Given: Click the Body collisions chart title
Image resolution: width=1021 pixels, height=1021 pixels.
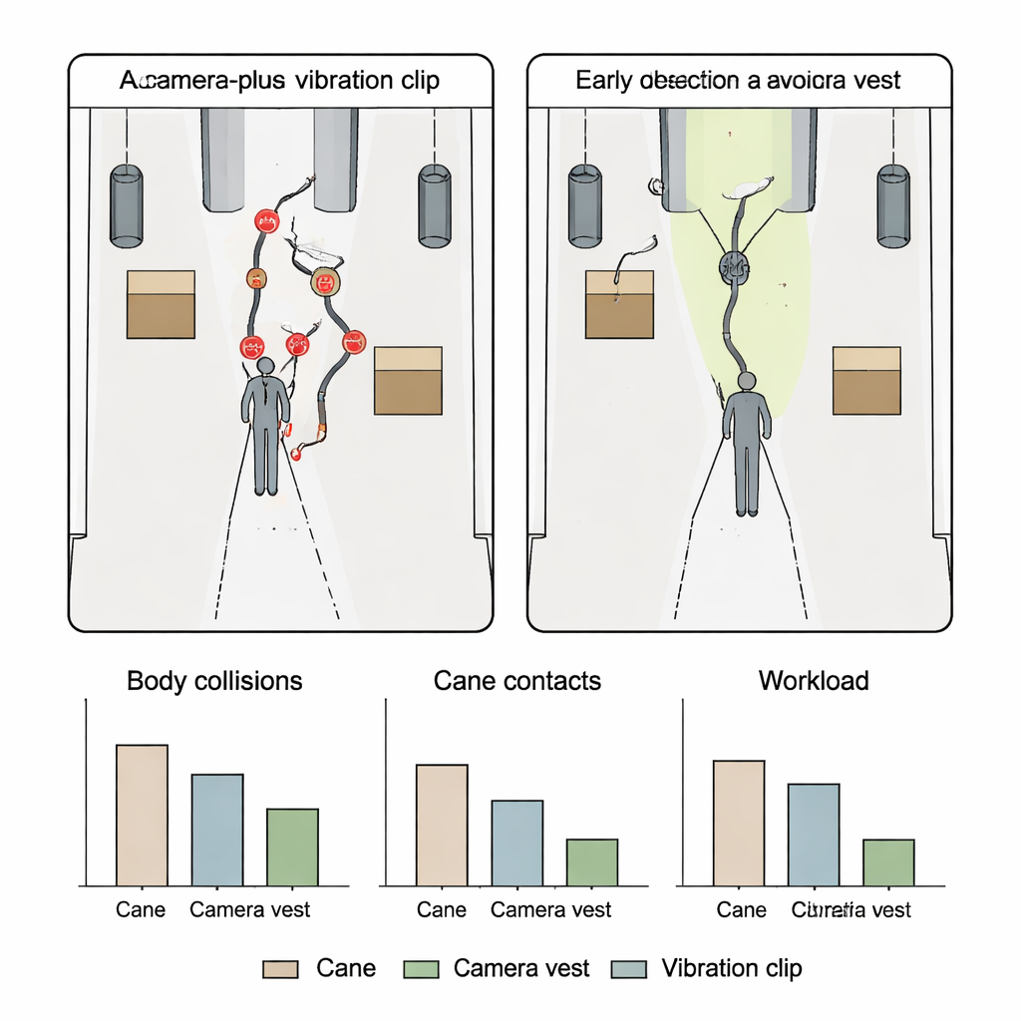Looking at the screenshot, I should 214,681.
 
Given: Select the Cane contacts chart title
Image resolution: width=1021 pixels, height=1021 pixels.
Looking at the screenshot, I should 517,681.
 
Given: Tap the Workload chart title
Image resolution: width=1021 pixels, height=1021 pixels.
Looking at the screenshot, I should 814,681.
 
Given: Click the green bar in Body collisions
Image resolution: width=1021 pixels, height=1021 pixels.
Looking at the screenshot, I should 293,847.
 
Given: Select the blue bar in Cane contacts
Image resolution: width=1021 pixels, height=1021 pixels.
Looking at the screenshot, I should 517,843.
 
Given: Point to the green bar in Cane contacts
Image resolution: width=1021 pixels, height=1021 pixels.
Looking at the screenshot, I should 592,862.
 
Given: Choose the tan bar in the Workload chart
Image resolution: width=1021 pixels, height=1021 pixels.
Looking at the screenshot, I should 739,823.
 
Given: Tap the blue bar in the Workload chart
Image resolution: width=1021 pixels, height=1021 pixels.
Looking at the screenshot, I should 814,835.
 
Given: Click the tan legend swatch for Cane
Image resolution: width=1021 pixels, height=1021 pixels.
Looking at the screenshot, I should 280,969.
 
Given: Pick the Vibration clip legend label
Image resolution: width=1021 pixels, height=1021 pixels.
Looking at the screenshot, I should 732,968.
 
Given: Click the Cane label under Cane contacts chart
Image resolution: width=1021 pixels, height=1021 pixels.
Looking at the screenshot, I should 442,909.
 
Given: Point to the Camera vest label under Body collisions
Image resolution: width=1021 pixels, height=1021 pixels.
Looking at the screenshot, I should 250,909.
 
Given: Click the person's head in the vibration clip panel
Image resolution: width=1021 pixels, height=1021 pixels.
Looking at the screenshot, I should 265,366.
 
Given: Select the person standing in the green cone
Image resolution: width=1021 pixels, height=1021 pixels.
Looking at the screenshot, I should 747,444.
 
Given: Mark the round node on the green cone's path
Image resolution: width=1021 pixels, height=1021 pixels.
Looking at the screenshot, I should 735,265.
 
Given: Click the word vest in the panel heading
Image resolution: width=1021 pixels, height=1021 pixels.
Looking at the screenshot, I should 877,81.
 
